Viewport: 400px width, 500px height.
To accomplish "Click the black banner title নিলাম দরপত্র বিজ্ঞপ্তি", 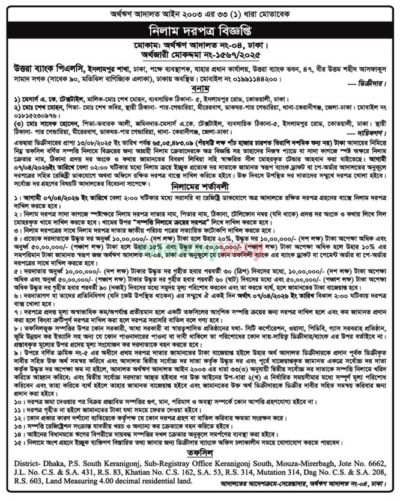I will tap(200, 29).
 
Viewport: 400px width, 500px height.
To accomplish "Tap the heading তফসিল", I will tap(200, 443).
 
